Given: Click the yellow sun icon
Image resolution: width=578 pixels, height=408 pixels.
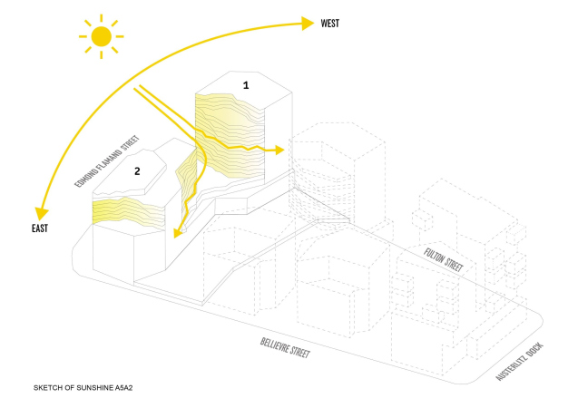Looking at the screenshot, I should coord(100,36).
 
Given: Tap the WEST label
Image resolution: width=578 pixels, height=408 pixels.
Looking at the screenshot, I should coord(330,23).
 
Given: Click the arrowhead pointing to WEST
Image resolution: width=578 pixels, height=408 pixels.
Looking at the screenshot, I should coord(309,24).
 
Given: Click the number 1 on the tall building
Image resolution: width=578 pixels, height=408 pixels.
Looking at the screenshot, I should coord(245,84).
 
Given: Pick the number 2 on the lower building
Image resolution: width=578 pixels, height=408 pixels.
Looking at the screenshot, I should coord(137,170).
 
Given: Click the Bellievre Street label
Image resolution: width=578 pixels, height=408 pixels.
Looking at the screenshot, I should coord(285,348).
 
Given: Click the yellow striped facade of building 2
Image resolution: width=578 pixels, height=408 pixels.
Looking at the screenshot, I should coord(127,210).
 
